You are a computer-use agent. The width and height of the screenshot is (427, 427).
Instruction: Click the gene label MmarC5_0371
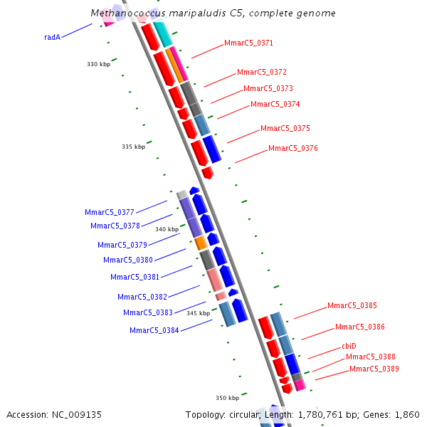[248, 43]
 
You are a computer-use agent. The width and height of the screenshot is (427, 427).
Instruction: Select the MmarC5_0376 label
[292, 149]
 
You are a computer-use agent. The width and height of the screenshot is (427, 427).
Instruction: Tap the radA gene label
[52, 37]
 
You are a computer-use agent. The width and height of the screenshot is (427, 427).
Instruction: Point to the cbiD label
[349, 346]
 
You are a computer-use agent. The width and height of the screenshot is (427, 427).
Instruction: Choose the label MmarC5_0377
[109, 212]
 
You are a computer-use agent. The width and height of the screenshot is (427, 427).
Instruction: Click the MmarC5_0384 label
[154, 330]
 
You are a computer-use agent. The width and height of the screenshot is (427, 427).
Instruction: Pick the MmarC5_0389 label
[374, 369]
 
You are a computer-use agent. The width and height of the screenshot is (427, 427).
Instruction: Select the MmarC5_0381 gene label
[135, 277]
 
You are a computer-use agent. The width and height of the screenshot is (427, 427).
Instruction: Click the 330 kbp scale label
[98, 65]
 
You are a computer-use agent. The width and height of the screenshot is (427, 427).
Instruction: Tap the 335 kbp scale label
[133, 147]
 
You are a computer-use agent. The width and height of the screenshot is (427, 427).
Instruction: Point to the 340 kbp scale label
[167, 230]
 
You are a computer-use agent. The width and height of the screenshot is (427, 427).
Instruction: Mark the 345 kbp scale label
[198, 313]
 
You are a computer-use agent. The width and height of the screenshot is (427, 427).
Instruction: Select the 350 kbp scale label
[227, 398]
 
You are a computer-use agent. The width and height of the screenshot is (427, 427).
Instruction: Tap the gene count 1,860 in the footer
[407, 414]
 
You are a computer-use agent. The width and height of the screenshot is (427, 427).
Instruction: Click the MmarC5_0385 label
[352, 306]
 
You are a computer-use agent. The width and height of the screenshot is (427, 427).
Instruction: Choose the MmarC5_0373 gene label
[268, 89]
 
